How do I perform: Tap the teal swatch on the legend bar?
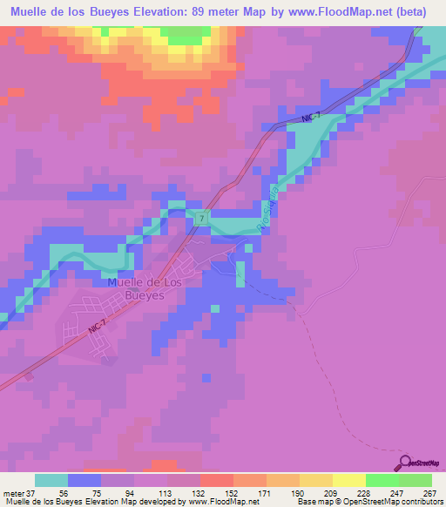[51, 480]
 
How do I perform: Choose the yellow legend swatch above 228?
[348, 480]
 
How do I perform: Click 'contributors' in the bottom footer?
[417, 502]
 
